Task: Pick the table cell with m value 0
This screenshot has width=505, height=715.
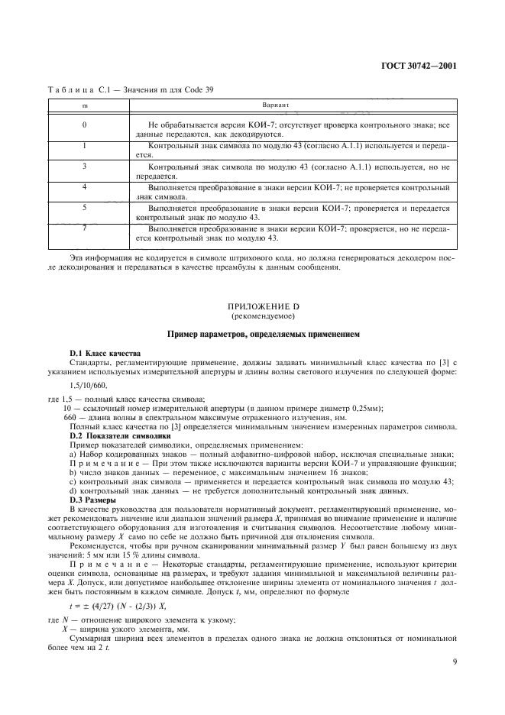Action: (84, 124)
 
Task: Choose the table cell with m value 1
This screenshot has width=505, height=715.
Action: (84, 144)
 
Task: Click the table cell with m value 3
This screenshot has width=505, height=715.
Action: (84, 165)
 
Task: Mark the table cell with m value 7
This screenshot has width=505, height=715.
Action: (84, 227)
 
